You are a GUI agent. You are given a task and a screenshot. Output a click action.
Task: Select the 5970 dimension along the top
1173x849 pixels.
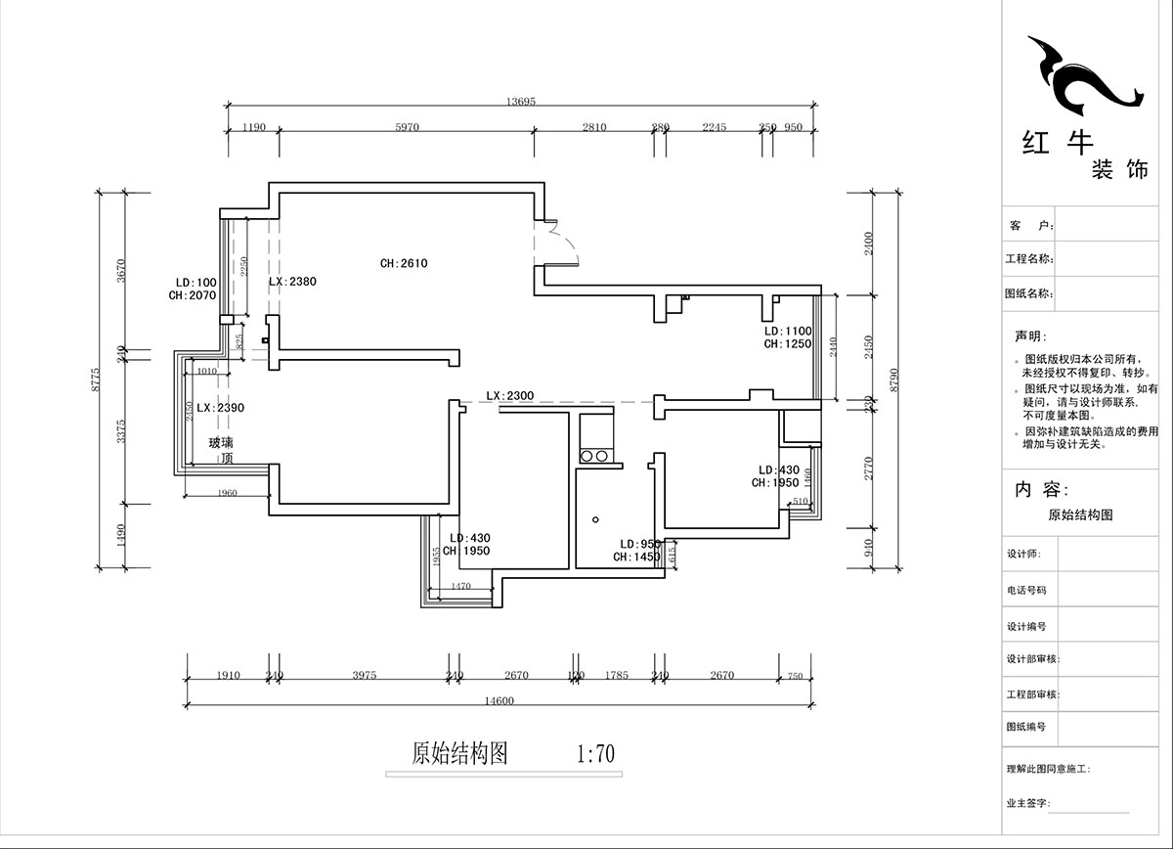[x=406, y=127]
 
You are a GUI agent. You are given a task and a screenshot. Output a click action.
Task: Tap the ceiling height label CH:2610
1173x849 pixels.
[x=404, y=263]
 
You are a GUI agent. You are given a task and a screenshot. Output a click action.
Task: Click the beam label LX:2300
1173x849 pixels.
[x=509, y=395]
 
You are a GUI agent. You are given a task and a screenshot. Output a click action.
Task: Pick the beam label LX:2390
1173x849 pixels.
[x=220, y=407]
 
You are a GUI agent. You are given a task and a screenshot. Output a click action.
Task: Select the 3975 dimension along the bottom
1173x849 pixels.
[x=364, y=675]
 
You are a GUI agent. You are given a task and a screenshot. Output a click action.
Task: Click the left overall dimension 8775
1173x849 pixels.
[x=96, y=379]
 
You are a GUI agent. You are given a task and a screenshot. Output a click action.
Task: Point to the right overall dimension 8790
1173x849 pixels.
[x=891, y=379]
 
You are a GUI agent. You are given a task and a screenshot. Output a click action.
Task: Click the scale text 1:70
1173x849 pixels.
[x=595, y=754]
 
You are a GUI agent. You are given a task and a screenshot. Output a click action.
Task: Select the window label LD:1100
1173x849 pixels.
[x=788, y=332]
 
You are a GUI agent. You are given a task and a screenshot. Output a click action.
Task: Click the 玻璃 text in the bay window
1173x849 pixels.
[x=221, y=443]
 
